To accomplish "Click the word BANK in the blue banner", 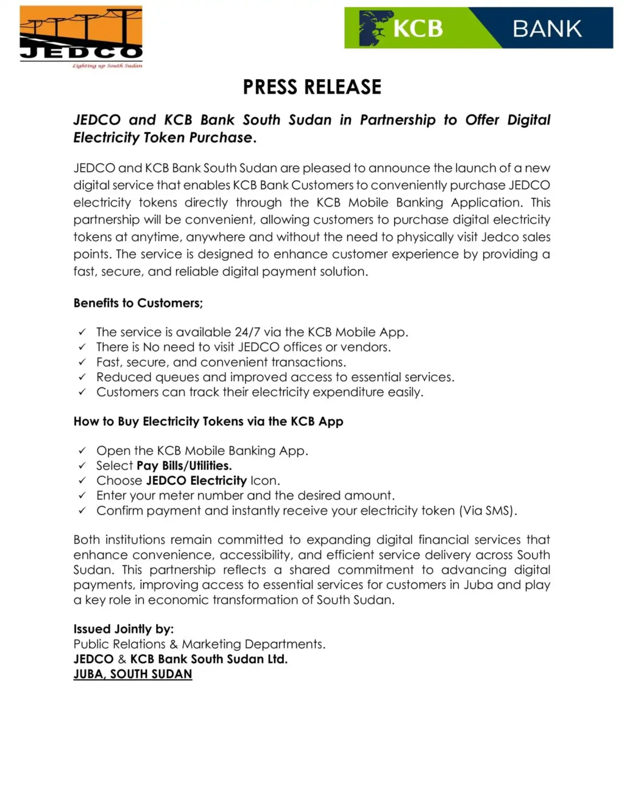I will (547, 29).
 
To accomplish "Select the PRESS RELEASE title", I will (312, 87).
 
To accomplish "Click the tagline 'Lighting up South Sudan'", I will (107, 66).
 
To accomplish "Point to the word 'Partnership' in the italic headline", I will (397, 120).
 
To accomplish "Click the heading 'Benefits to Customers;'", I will (138, 303).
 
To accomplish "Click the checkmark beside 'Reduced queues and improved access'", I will (82, 378).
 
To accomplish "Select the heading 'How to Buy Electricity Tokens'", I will (208, 421).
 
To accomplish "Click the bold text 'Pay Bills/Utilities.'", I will (184, 466).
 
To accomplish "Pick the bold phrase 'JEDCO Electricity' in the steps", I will (196, 481).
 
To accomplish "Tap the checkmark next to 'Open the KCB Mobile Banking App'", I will (82, 451).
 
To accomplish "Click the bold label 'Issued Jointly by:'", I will (124, 629).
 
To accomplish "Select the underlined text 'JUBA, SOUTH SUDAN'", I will (133, 674).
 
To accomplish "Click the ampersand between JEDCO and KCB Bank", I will (122, 660).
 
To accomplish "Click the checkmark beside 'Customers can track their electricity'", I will (82, 393).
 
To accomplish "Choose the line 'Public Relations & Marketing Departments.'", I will (199, 644).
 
